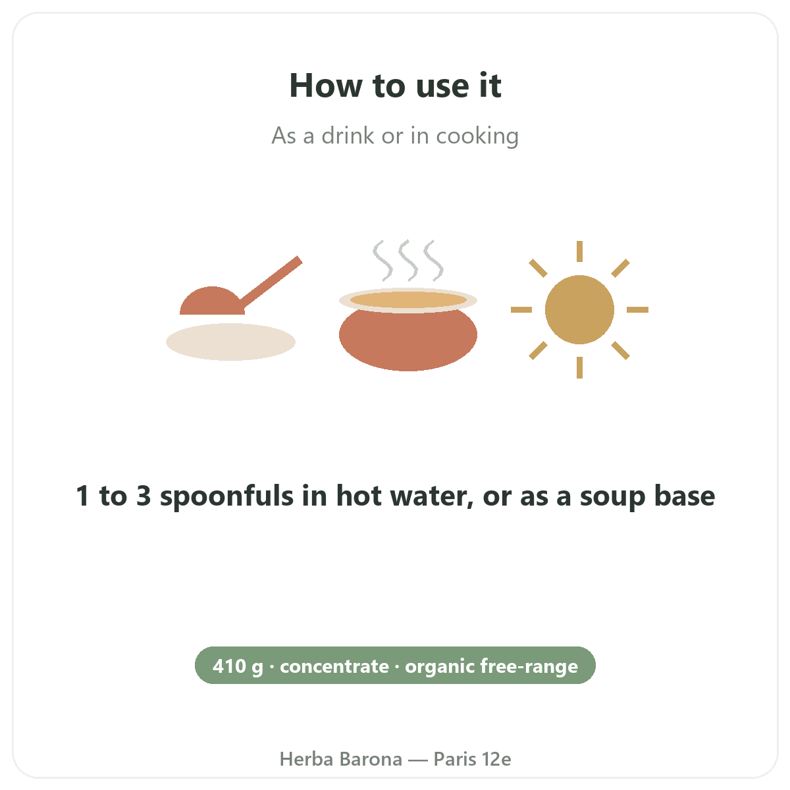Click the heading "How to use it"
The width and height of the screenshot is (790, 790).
pyautogui.click(x=395, y=86)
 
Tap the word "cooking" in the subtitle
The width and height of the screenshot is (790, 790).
pyautogui.click(x=477, y=136)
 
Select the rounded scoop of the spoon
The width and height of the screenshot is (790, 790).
pyautogui.click(x=212, y=302)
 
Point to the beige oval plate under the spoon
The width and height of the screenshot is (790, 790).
pyautogui.click(x=230, y=342)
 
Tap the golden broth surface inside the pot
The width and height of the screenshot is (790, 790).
pyautogui.click(x=408, y=300)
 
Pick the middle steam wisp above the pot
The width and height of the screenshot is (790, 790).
pyautogui.click(x=408, y=261)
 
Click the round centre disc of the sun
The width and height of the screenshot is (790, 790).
pyautogui.click(x=579, y=309)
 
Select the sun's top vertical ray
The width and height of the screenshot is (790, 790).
pyautogui.click(x=579, y=251)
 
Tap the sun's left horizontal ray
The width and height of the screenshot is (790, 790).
pyautogui.click(x=521, y=309)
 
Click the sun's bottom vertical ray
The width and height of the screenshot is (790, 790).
pyautogui.click(x=579, y=368)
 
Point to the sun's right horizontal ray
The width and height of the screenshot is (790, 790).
pyautogui.click(x=637, y=309)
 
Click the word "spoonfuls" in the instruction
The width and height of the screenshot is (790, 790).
pyautogui.click(x=226, y=496)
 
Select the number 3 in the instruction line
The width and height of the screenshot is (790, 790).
pyautogui.click(x=144, y=496)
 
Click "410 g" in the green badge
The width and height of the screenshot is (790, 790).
pyautogui.click(x=238, y=667)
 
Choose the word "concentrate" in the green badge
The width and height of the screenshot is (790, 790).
pyautogui.click(x=334, y=667)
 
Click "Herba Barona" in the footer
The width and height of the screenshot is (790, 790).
pyautogui.click(x=340, y=759)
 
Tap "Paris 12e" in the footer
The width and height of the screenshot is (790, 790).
pyautogui.click(x=472, y=759)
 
